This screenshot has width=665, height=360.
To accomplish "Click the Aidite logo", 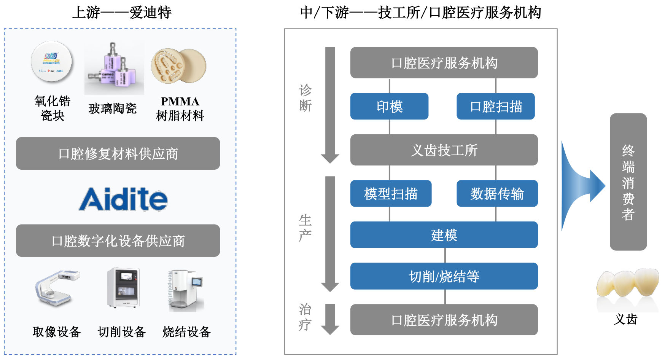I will (x=123, y=199).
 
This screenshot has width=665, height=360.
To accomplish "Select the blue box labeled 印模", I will (x=389, y=106).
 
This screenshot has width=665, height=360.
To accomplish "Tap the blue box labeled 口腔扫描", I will (x=495, y=106).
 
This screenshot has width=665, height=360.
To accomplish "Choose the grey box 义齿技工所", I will (x=444, y=150).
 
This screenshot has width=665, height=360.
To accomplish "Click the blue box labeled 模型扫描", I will (x=391, y=193).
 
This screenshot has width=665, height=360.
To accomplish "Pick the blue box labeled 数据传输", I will (x=497, y=193).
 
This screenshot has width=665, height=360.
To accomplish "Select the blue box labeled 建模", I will (x=444, y=235).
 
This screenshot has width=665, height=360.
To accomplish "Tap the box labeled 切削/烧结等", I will (x=444, y=276).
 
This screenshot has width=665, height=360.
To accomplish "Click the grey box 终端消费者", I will (x=628, y=182).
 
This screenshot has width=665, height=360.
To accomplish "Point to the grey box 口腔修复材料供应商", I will (x=118, y=153).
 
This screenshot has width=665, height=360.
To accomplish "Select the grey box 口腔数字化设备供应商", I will (x=118, y=241).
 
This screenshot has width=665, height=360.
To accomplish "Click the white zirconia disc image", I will (x=52, y=62).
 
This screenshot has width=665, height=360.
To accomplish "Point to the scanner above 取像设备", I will (x=57, y=288).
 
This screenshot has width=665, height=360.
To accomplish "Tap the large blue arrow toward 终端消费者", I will (x=582, y=186).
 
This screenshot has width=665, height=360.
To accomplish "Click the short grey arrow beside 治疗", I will (x=330, y=319).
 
